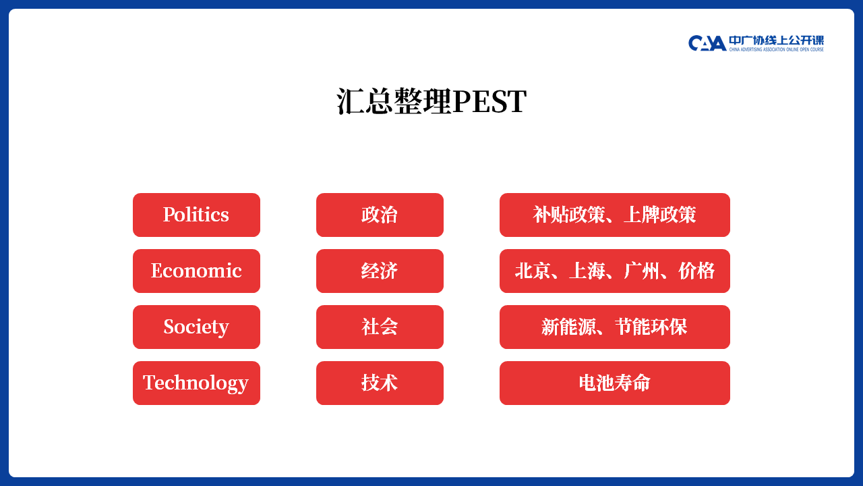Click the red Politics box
(x=196, y=215)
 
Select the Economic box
(x=196, y=271)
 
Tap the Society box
(x=196, y=327)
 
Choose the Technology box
(x=196, y=383)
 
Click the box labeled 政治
(x=380, y=215)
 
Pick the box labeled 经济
(x=380, y=271)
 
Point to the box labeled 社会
(x=380, y=327)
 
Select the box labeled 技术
(x=380, y=383)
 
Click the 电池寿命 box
(x=615, y=383)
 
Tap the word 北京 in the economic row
(x=533, y=271)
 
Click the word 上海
(x=587, y=271)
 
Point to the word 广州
(x=642, y=271)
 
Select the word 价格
(x=696, y=271)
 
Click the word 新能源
(x=568, y=327)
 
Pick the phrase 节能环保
(x=651, y=327)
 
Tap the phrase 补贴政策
(x=569, y=215)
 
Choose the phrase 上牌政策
(x=660, y=215)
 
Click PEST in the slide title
(x=489, y=101)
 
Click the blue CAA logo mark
(x=707, y=43)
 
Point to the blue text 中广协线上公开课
(x=776, y=40)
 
